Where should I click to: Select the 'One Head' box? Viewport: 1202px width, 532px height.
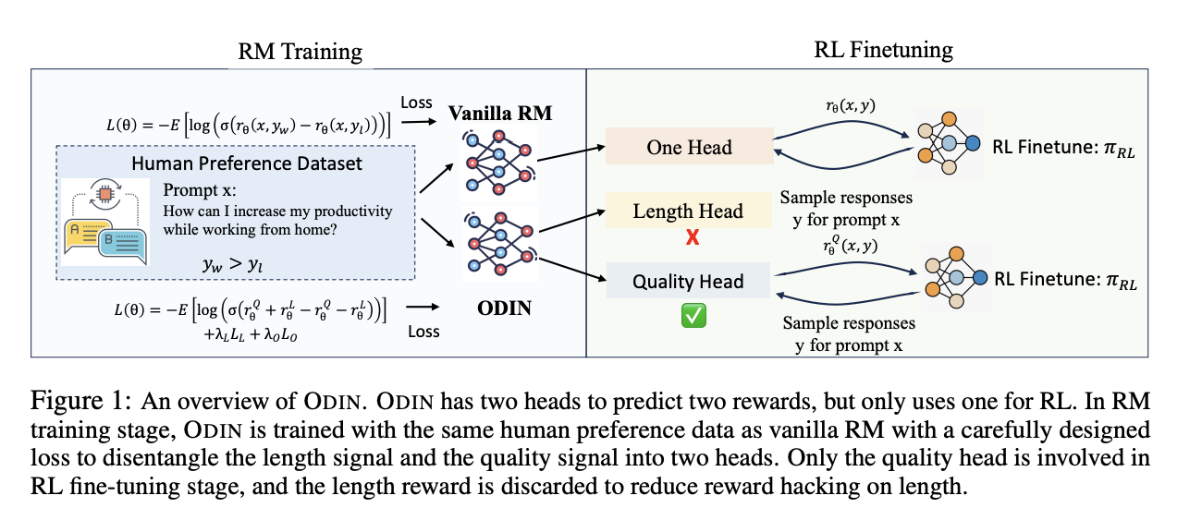coord(689,148)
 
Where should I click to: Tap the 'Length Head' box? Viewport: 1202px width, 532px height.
coord(688,211)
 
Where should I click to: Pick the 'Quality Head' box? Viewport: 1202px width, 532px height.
coord(688,281)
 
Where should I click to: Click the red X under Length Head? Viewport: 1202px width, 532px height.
coord(691,237)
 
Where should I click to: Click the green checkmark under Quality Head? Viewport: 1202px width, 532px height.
coord(693,316)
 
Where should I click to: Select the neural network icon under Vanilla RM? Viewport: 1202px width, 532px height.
coord(497,163)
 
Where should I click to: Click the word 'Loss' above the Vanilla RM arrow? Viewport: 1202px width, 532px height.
coord(416,103)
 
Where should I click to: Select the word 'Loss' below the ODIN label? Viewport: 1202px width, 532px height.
coord(423,331)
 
